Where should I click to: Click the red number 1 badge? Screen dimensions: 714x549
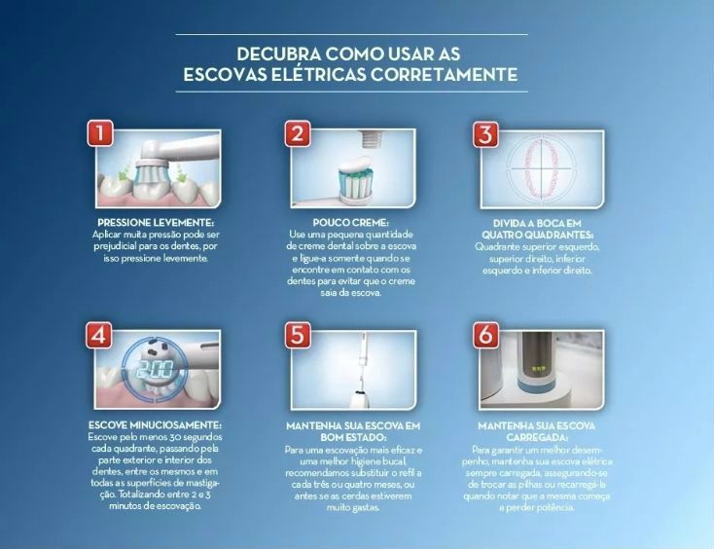100,133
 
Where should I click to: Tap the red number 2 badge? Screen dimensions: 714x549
298,133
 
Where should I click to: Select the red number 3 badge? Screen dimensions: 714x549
485,134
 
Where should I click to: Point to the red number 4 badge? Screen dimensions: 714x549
99,335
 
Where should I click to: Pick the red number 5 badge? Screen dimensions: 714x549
298,335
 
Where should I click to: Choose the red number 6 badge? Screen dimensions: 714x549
485,335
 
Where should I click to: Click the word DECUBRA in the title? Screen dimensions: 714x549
278,55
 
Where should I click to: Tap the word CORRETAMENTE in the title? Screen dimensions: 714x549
444,74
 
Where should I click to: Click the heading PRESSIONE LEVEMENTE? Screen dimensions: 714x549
156,223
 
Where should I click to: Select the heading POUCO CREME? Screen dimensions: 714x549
350,223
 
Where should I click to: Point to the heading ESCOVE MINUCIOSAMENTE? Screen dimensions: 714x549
155,425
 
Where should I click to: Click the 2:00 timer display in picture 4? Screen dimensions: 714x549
156,369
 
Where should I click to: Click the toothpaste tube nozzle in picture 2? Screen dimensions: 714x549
370,138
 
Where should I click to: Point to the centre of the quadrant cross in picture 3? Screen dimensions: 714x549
542,168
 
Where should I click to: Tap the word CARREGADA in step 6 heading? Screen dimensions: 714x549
536,437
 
